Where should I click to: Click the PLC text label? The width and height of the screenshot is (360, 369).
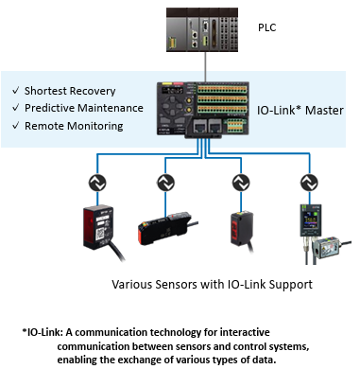[266, 27]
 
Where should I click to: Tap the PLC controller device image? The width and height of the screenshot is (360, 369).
[202, 29]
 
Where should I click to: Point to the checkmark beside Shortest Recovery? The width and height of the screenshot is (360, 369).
[16, 91]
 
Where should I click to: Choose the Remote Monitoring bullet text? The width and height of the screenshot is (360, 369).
[74, 126]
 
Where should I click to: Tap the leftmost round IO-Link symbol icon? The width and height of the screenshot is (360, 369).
[97, 183]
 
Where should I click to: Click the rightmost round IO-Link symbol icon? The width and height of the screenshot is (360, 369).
[310, 183]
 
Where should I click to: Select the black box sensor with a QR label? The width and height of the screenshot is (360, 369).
[98, 228]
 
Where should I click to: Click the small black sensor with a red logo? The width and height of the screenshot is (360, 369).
[242, 229]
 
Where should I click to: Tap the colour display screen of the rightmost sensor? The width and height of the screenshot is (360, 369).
[310, 220]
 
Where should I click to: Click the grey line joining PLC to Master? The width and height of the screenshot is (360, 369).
[206, 66]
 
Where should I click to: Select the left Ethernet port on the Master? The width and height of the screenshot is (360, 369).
[199, 126]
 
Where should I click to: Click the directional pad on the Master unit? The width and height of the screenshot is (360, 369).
[172, 106]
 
